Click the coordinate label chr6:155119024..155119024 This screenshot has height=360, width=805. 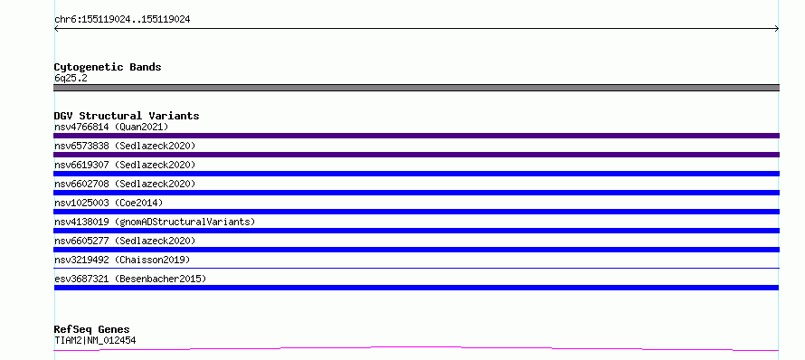coord(122,20)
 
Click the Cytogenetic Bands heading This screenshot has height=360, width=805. coord(108,67)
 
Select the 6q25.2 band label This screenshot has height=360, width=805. coord(71,78)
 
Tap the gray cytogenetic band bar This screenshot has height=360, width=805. coord(416,88)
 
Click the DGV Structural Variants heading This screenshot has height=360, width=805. coord(127,116)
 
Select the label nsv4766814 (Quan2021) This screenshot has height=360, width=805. coord(111,127)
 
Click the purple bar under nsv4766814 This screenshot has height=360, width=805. coord(416,136)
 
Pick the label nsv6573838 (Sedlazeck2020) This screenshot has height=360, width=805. coord(125,146)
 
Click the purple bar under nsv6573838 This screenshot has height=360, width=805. coord(416,155)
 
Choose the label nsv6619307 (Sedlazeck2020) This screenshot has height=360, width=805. coord(125,165)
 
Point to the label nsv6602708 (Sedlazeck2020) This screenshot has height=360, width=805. coord(125,184)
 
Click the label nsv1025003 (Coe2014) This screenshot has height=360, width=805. coord(109,203)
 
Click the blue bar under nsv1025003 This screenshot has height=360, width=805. coord(416,212)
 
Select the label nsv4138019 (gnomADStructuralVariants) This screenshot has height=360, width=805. coord(155,222)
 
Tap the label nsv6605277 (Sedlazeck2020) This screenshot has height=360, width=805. coord(125,241)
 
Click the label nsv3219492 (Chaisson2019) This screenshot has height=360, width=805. coord(122,260)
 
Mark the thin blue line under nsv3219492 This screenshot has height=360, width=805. coord(416,268)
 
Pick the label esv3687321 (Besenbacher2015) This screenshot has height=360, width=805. coord(130,279)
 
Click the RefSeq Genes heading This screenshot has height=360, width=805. coord(92,329)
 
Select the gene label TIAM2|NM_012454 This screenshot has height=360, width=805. coord(95,340)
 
